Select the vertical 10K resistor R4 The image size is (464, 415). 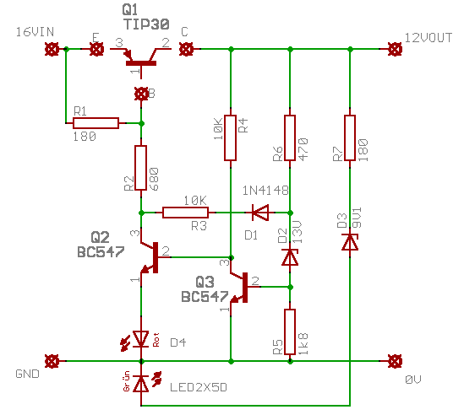click(x=229, y=138)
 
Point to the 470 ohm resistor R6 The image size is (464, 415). click(x=290, y=138)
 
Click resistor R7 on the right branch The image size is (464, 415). click(x=349, y=138)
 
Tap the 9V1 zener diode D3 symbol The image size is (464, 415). click(x=349, y=242)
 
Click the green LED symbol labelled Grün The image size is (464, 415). click(x=141, y=384)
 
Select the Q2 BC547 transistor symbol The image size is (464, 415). click(x=149, y=256)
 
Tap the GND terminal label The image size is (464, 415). click(x=27, y=372)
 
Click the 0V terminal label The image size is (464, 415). click(x=412, y=380)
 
